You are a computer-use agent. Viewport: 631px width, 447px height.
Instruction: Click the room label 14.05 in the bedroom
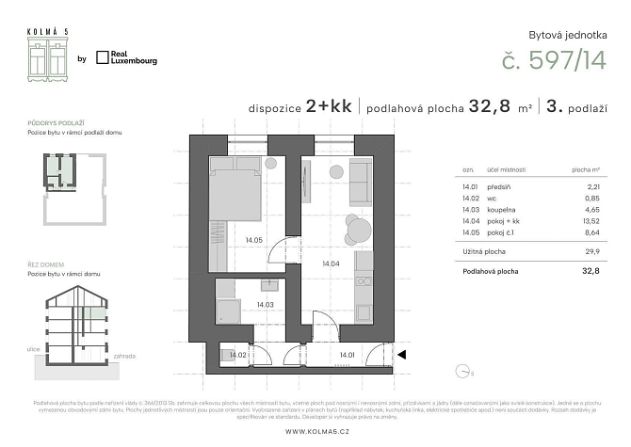pyautogui.click(x=252, y=240)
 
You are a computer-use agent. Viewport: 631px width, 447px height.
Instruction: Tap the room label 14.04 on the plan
pyautogui.click(x=330, y=263)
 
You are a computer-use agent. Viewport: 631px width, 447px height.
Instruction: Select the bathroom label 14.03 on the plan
pyautogui.click(x=265, y=304)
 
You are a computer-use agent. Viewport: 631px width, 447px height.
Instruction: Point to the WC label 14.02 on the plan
pyautogui.click(x=238, y=355)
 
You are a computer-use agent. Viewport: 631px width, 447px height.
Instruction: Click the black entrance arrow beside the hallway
pyautogui.click(x=401, y=355)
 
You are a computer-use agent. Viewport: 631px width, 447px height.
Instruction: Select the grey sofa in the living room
pyautogui.click(x=361, y=183)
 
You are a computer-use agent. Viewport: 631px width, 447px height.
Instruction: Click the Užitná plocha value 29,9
pyautogui.click(x=589, y=253)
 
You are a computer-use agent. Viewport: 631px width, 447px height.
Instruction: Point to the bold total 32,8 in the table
pyautogui.click(x=588, y=271)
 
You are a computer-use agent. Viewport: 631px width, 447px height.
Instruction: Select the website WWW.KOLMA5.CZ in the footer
pyautogui.click(x=315, y=431)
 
